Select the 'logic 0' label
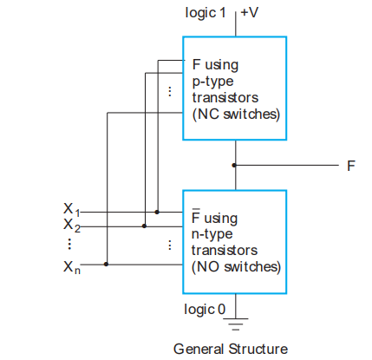click(206, 308)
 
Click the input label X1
click(70, 209)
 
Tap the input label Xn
click(70, 265)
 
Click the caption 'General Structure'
click(230, 349)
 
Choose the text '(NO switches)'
click(235, 265)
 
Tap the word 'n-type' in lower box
click(212, 234)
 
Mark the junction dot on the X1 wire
click(157, 211)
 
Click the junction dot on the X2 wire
click(144, 226)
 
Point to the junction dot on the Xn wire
click(106, 265)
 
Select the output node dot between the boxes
click(234, 165)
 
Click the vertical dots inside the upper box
click(170, 91)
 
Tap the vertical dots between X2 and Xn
click(69, 245)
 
